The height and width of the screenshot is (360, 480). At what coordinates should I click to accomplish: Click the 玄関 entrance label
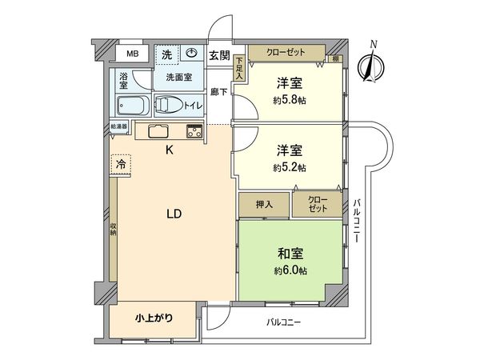pos(219,55)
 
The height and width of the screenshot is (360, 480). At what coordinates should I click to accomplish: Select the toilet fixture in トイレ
pos(169,105)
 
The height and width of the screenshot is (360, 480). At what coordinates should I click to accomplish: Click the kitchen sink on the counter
pos(157,131)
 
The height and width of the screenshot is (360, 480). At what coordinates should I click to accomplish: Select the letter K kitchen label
pos(169,150)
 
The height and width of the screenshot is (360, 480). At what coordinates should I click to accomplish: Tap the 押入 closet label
pos(264,203)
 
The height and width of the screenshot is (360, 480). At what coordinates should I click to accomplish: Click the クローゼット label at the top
pos(286,52)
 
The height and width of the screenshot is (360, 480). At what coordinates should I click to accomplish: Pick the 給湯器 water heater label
pos(119,126)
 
